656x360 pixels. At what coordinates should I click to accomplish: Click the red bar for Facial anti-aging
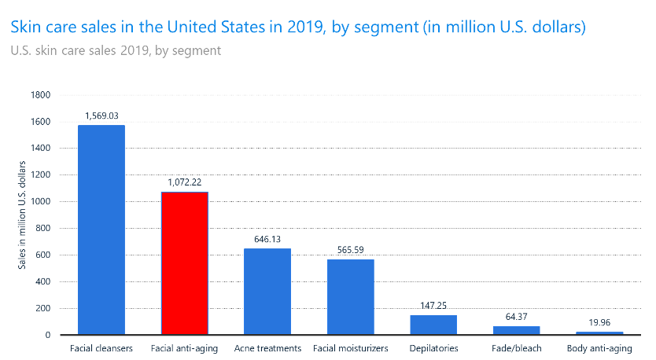coord(184,263)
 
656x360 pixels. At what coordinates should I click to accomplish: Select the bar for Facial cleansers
coord(101,230)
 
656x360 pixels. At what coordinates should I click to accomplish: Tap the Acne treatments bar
coord(267,292)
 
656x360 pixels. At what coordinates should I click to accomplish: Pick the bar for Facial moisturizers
coord(351,297)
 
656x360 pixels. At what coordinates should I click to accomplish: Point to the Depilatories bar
coord(433,325)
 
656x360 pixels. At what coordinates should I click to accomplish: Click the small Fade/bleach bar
coord(517,330)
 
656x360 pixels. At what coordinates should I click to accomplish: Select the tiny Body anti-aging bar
coord(599,333)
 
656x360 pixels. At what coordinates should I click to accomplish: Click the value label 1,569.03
coord(101,116)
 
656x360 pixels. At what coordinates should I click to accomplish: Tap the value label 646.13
coord(267,239)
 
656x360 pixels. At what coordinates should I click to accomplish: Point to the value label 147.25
coord(433,305)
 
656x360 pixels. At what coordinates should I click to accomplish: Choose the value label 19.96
coord(599,322)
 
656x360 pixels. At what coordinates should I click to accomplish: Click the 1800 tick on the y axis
coord(41,95)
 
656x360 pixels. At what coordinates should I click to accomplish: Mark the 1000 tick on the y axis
coord(41,202)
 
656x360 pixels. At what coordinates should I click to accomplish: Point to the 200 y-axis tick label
coord(44,309)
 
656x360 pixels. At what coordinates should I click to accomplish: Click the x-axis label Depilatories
coord(433,347)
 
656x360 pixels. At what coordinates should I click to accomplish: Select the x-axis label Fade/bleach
coord(517,347)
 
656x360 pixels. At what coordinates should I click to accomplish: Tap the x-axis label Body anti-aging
coord(599,347)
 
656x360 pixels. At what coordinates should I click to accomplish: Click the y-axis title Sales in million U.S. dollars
coord(23,215)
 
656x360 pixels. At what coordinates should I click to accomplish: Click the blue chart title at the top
coord(298,28)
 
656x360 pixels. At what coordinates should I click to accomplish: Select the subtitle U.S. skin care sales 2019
coord(116,51)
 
